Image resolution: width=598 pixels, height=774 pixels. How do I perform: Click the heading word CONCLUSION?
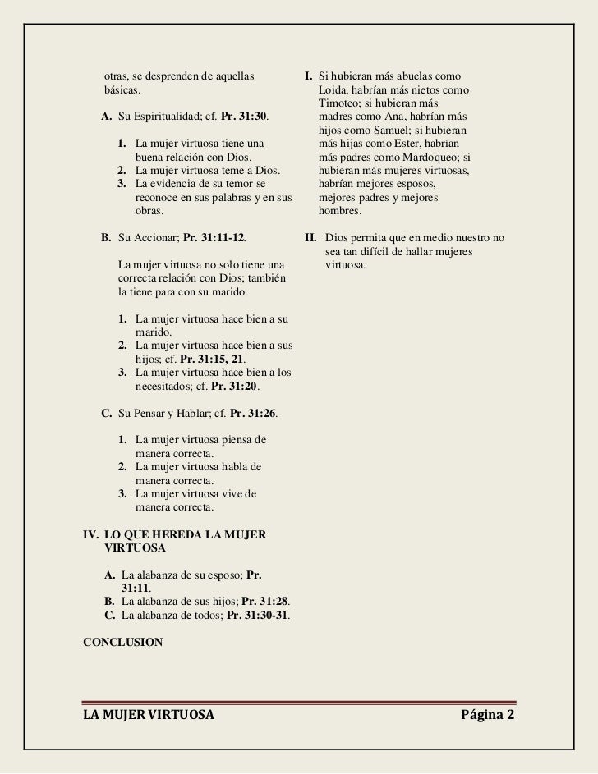(122, 642)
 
